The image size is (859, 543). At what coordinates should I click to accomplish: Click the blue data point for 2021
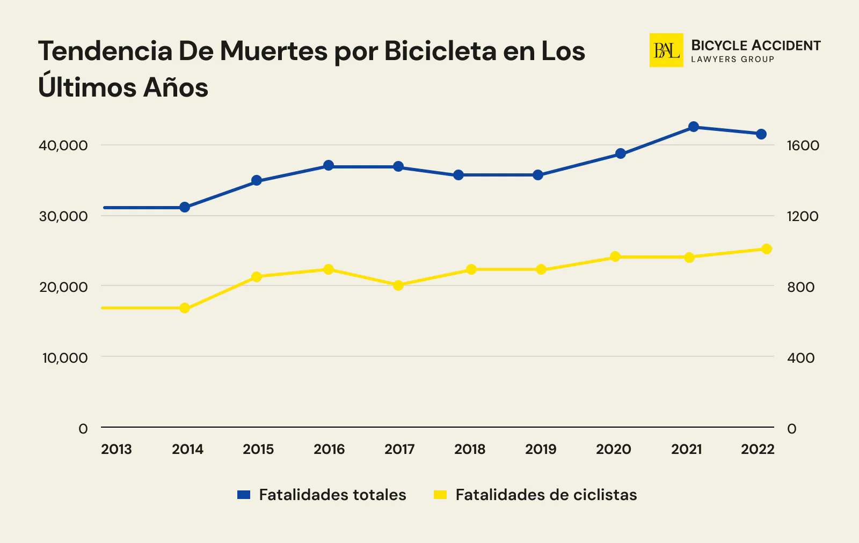click(693, 127)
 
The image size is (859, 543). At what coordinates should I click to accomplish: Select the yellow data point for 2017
click(398, 285)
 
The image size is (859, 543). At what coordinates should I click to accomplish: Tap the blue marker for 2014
click(185, 207)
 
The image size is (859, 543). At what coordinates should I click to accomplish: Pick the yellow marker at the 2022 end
click(767, 249)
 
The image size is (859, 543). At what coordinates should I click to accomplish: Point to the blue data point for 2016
click(329, 165)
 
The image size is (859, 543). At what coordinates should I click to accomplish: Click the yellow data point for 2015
click(257, 277)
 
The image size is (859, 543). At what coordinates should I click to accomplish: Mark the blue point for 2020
click(621, 153)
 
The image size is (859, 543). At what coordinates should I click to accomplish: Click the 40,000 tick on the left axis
click(63, 145)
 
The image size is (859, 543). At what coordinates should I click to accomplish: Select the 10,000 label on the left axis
click(64, 358)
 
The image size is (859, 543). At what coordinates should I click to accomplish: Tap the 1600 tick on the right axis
click(803, 145)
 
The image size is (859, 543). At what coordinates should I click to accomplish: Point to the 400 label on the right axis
click(800, 358)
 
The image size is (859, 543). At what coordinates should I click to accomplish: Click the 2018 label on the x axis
click(470, 449)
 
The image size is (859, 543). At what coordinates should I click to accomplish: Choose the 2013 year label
click(117, 449)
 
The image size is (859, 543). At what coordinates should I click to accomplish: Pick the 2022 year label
click(758, 449)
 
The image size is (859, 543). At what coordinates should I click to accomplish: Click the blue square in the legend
click(244, 495)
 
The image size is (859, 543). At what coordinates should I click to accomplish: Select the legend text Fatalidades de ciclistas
click(546, 495)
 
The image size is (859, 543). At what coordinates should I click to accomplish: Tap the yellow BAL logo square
click(666, 50)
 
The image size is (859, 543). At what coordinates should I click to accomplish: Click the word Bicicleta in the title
click(440, 51)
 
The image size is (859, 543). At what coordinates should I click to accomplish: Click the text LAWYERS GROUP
click(732, 60)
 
